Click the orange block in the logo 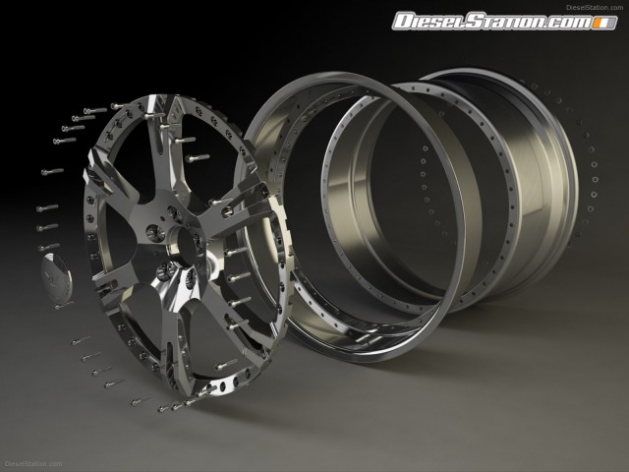click(599, 23)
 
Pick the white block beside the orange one click(605, 23)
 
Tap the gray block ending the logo click(612, 23)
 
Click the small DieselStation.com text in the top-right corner click(595, 7)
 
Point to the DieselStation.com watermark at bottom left click(33, 464)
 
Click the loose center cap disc click(57, 277)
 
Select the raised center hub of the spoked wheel click(186, 245)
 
